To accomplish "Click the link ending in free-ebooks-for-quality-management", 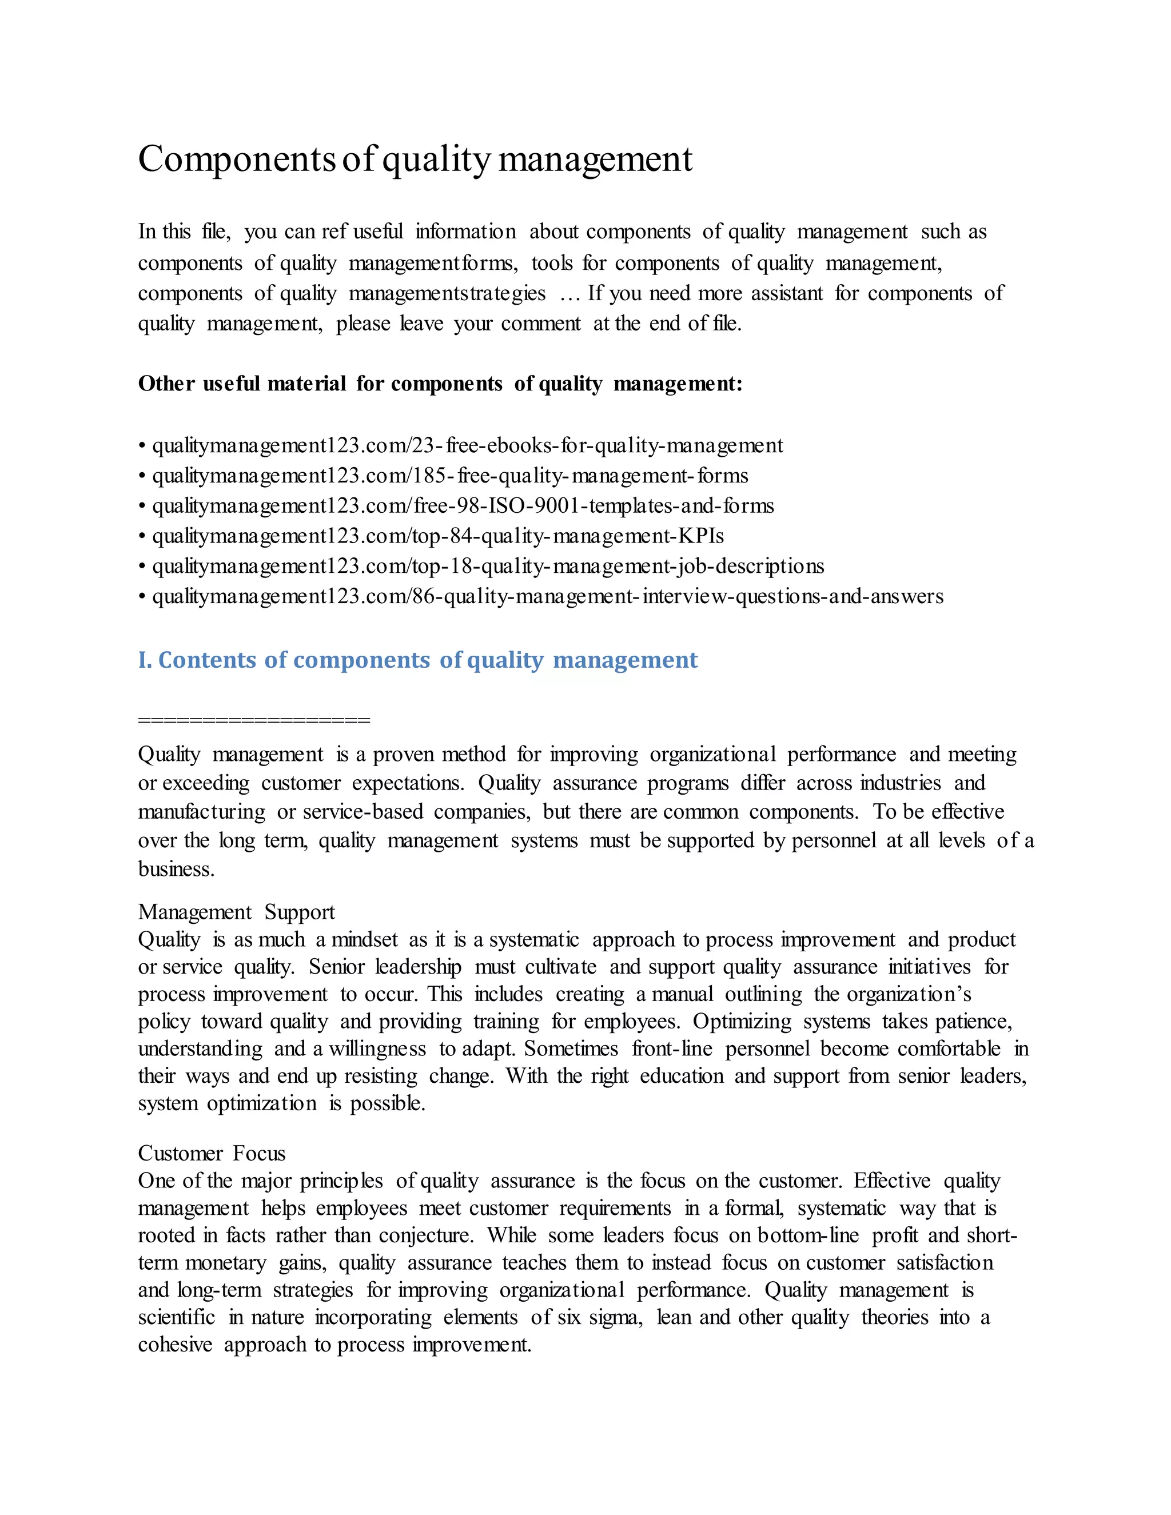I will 467,445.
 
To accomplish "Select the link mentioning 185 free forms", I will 449,476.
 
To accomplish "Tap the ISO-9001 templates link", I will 463,506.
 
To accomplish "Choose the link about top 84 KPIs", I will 438,536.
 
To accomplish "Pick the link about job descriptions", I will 488,566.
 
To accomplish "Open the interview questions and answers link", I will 547,596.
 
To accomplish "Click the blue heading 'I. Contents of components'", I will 417,660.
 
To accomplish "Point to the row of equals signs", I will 254,720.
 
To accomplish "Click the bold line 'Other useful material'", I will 440,384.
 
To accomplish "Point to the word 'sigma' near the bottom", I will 615,1317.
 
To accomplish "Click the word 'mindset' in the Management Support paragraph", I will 364,940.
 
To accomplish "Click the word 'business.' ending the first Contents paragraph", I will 176,869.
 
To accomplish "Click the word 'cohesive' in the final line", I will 175,1345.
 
